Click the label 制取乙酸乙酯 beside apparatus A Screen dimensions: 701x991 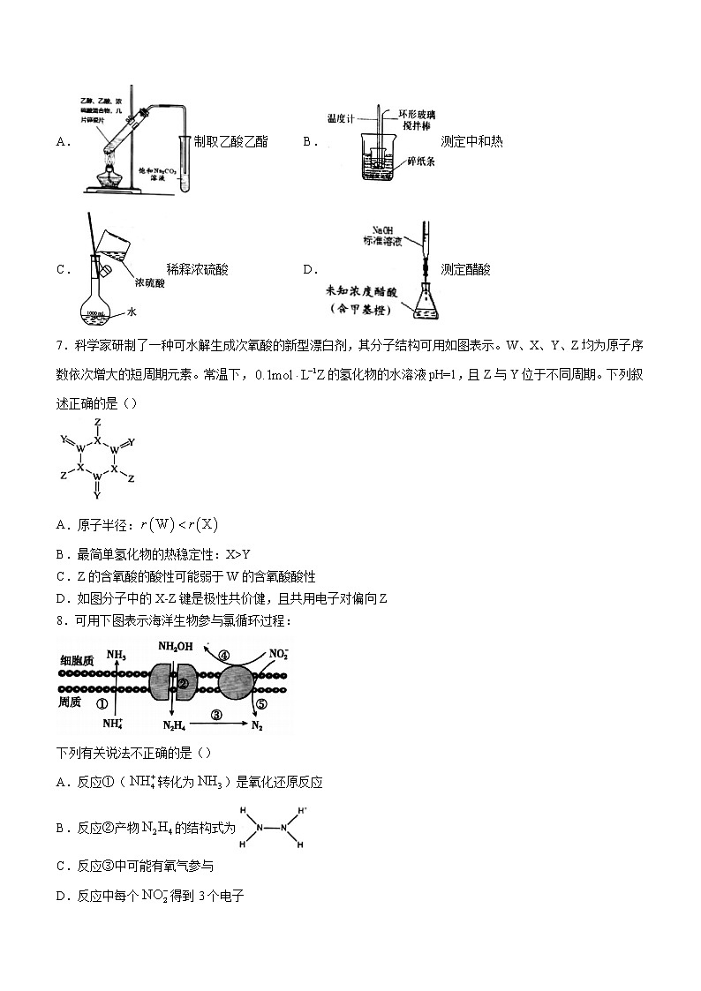(x=230, y=141)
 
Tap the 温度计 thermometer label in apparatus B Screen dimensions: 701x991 (x=340, y=116)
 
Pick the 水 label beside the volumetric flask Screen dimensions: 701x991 (x=132, y=312)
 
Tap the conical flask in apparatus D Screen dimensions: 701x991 (x=426, y=301)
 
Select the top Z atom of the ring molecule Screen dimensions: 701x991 (x=98, y=423)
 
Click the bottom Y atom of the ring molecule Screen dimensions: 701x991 (x=98, y=496)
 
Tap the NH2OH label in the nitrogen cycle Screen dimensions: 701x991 (x=175, y=646)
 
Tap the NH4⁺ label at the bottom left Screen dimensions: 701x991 (x=112, y=724)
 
